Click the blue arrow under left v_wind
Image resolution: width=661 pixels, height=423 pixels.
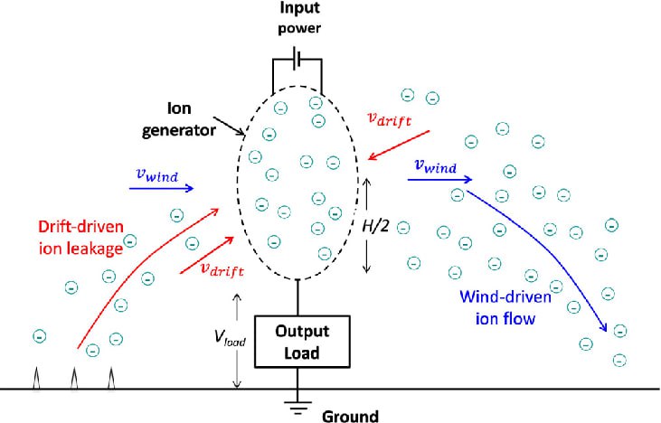161,188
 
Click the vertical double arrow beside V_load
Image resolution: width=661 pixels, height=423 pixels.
236,341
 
